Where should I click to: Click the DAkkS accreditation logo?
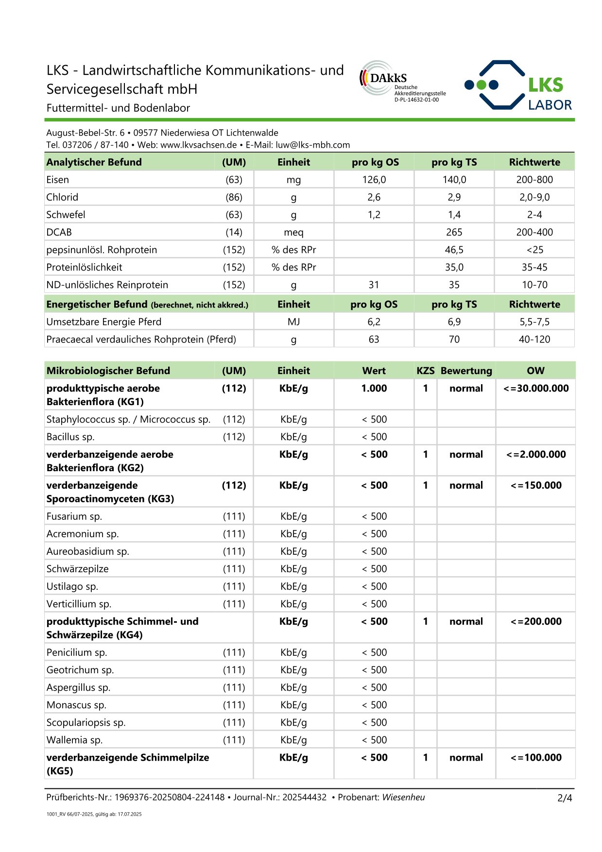pos(402,81)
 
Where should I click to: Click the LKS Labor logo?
pos(518,85)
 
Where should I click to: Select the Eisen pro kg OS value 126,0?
pos(374,180)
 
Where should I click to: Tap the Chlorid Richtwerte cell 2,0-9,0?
pos(534,197)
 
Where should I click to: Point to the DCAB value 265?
pos(454,232)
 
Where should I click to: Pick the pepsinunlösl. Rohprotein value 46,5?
pos(454,250)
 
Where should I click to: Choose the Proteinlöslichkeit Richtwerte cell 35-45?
pos(534,267)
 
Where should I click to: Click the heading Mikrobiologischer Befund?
pos(108,371)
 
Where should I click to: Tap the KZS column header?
pos(425,371)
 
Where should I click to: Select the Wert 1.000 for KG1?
pos(374,388)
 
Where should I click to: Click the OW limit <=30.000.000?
pos(536,388)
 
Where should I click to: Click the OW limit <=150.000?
pos(536,485)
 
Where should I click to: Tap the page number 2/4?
pos(565,798)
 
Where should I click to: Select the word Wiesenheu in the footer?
pos(403,797)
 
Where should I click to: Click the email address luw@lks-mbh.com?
pos(312,145)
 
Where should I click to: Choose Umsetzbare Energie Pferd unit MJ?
pos(293,322)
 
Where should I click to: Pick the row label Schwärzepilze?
pos(78,569)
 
